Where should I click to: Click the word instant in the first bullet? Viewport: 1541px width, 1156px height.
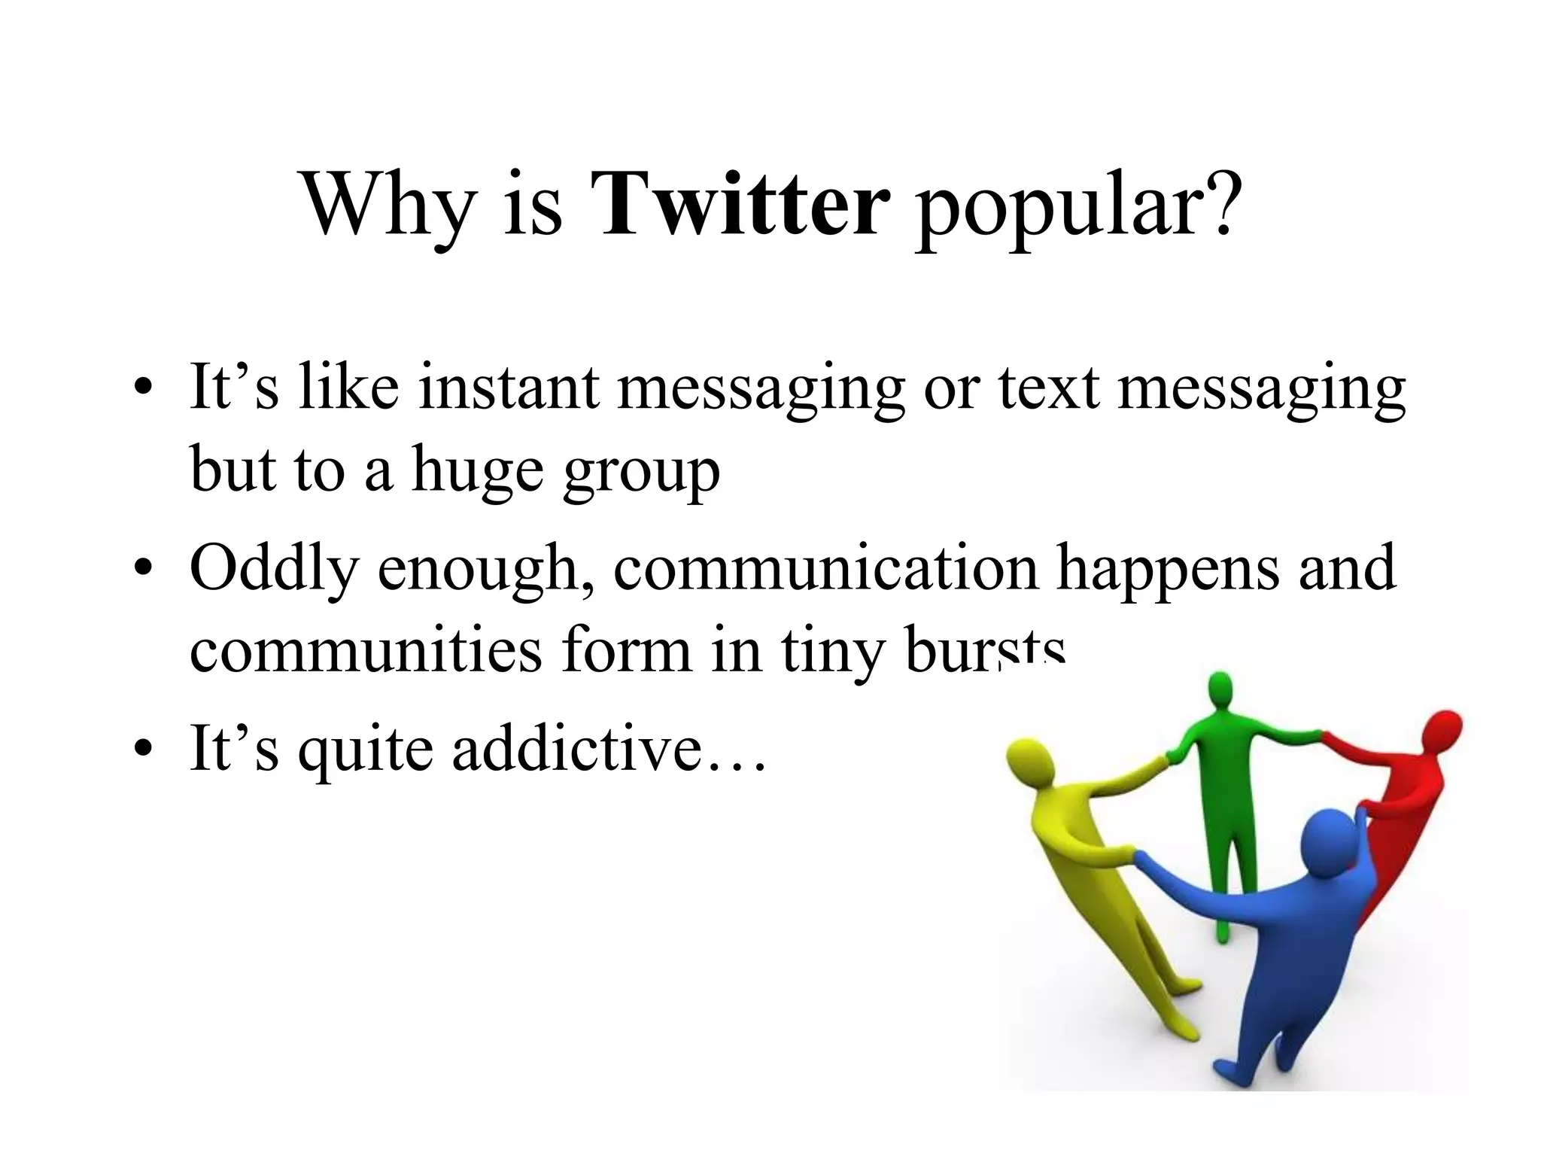tap(509, 387)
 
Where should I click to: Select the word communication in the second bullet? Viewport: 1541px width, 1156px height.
tap(825, 568)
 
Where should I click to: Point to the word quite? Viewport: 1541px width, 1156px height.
tap(366, 751)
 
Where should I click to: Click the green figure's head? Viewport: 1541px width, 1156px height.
tap(1220, 690)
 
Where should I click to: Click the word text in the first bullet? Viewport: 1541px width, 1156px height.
tap(1049, 388)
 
